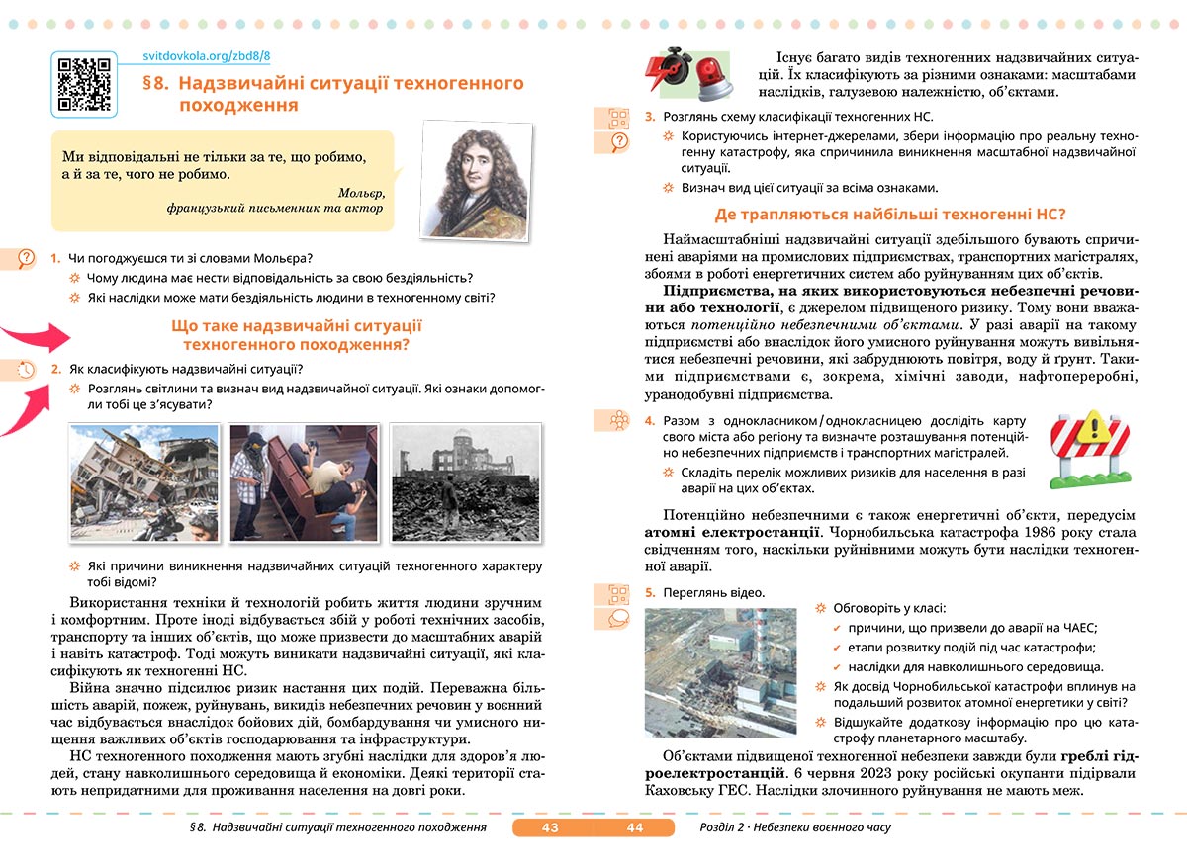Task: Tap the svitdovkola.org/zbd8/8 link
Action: (x=207, y=58)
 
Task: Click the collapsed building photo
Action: (x=144, y=482)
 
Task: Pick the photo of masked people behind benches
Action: (x=304, y=482)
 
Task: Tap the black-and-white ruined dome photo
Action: (x=465, y=482)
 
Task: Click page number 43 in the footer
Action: (x=551, y=827)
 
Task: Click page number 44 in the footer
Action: (x=634, y=827)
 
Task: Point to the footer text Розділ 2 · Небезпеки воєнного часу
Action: (x=794, y=827)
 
